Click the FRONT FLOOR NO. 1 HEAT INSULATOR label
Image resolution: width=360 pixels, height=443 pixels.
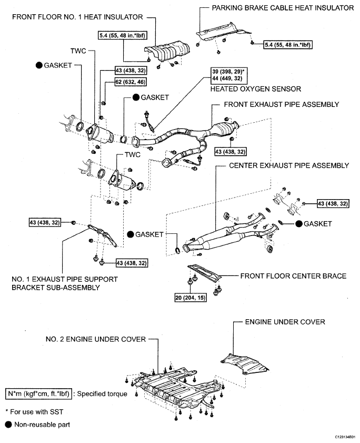click(x=77, y=17)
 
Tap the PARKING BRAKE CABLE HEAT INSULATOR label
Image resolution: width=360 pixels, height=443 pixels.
click(x=283, y=8)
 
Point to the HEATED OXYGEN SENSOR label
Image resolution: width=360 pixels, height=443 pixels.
click(x=256, y=89)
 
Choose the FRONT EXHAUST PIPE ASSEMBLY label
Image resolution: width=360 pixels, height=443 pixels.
click(x=281, y=104)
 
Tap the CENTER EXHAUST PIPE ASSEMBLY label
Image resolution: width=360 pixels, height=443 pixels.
click(x=289, y=165)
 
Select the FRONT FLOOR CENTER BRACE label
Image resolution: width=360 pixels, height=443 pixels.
click(x=293, y=276)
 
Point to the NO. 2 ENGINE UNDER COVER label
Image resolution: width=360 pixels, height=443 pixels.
click(x=96, y=339)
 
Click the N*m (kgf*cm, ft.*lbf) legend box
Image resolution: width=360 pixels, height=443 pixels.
click(x=38, y=394)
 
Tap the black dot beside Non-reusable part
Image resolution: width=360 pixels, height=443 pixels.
click(x=8, y=425)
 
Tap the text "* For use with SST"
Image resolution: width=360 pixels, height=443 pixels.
click(x=34, y=412)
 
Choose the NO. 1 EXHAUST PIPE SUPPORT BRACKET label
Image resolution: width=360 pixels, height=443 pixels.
click(x=65, y=283)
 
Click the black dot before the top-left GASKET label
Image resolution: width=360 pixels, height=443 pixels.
click(x=39, y=65)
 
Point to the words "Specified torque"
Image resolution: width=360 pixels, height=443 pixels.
click(x=102, y=394)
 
